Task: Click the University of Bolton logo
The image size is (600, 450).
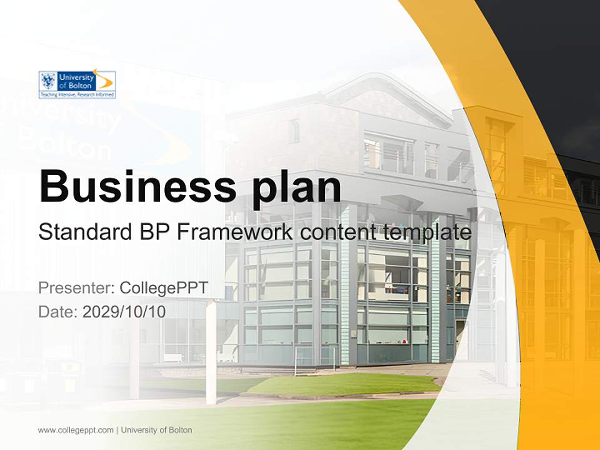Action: click(77, 84)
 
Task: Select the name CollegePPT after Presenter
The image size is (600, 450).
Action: click(164, 288)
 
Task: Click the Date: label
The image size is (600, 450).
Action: click(58, 311)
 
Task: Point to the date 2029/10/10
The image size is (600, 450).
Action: click(124, 311)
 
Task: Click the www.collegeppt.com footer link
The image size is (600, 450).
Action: click(76, 430)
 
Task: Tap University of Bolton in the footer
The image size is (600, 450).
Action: click(157, 430)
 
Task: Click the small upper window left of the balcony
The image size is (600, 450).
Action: click(294, 131)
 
